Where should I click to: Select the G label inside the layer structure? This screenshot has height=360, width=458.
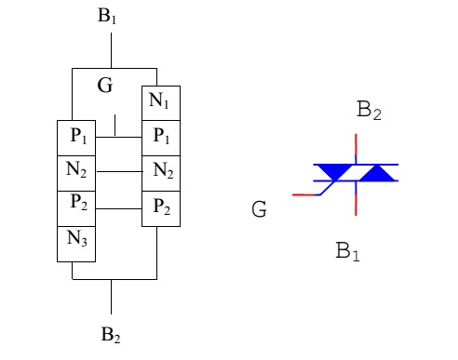click(105, 87)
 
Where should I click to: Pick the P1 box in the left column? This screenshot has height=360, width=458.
click(77, 137)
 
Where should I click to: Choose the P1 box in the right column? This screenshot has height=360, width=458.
click(161, 137)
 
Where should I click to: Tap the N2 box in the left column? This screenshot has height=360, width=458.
click(77, 171)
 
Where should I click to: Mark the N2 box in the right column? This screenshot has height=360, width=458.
click(161, 171)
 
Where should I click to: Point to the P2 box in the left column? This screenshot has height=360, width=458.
click(77, 205)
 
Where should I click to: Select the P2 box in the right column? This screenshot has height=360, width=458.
click(161, 207)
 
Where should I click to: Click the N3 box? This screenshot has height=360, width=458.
click(77, 240)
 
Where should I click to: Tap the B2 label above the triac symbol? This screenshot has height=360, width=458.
click(370, 111)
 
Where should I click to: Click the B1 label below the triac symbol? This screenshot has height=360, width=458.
click(347, 250)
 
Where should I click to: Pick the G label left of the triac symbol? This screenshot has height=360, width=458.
click(259, 210)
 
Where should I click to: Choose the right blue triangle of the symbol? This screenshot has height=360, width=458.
click(376, 173)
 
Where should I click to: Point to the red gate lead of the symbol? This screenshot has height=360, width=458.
click(305, 194)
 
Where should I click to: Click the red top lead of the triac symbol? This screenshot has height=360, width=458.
click(357, 147)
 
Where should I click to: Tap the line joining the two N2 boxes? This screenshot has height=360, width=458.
click(119, 171)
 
